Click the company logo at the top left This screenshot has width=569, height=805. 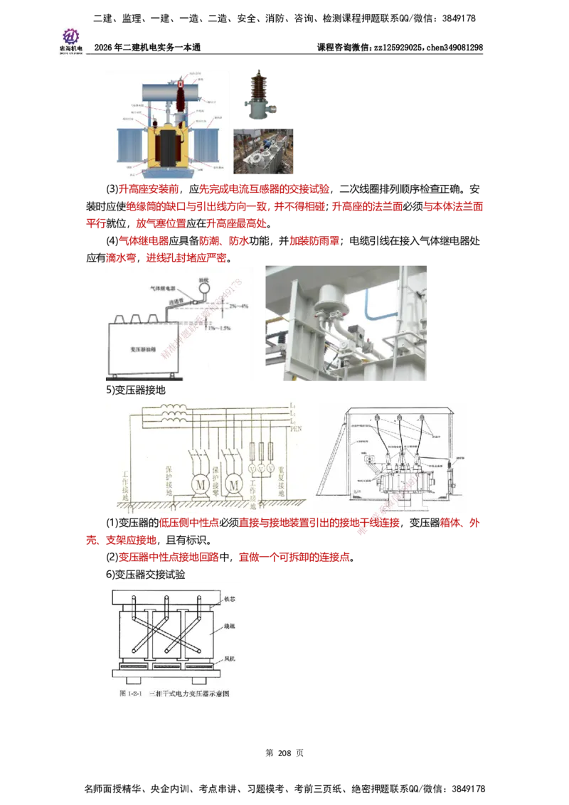[x=70, y=40]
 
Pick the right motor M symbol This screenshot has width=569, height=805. [x=232, y=483]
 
